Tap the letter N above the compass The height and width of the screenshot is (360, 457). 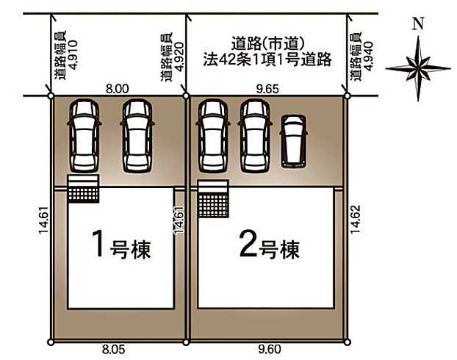tap(418, 23)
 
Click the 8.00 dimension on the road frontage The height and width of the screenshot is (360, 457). tap(118, 88)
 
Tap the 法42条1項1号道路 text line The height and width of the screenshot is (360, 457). tap(265, 60)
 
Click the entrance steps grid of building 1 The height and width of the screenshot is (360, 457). tap(83, 189)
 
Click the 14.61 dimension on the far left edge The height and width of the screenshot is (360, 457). tap(42, 220)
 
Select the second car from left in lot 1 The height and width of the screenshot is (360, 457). tap(137, 136)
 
